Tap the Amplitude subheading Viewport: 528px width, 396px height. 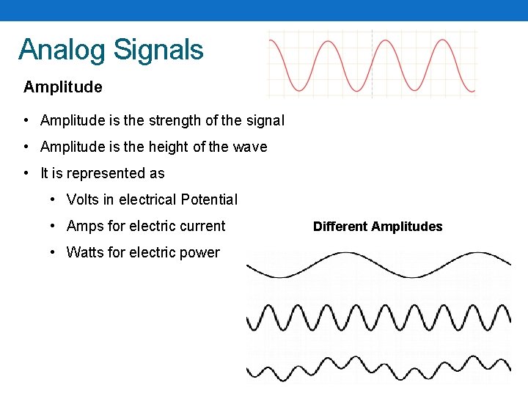pyautogui.click(x=63, y=87)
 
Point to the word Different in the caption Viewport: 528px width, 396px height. pyautogui.click(x=341, y=227)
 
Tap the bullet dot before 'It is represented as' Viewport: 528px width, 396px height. pyautogui.click(x=26, y=173)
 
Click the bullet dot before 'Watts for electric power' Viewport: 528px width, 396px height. pyautogui.click(x=53, y=252)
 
